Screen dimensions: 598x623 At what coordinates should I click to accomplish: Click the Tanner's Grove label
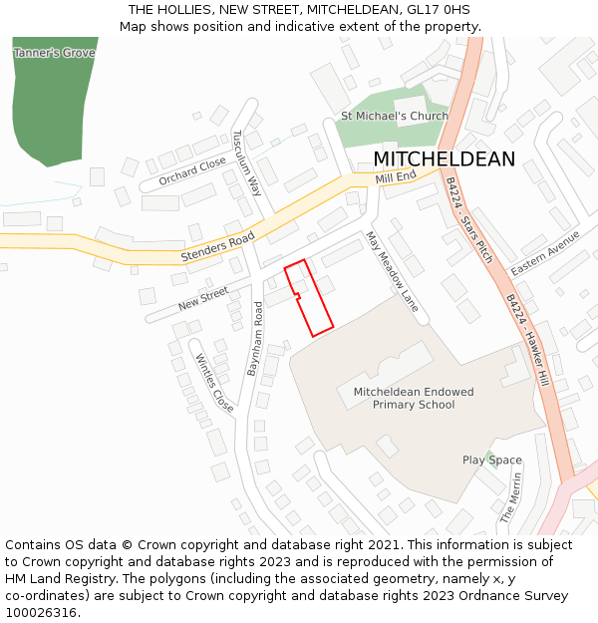coord(54,52)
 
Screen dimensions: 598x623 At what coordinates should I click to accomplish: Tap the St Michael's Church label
coord(395,116)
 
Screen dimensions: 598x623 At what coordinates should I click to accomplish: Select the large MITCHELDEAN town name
coord(445,159)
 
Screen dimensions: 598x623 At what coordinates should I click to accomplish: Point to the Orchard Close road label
coord(192,171)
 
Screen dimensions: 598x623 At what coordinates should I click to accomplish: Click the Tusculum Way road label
coord(246,162)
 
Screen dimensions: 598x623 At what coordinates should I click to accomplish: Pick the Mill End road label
coord(396,177)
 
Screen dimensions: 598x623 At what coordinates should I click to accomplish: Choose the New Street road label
coord(203,297)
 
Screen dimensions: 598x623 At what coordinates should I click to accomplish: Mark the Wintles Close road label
coord(214,383)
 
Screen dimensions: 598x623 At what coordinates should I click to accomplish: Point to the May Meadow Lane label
coord(392,272)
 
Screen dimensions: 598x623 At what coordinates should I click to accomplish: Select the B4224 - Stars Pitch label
coord(468,220)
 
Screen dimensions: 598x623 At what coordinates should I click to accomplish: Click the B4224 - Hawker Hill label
coord(527,340)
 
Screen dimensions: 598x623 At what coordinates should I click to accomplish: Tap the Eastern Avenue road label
coord(545,253)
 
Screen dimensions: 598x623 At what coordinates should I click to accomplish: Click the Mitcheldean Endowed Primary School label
coord(414,398)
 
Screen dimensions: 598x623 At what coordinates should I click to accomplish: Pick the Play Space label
coord(491,460)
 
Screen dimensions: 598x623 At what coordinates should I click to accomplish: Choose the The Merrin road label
coord(510,497)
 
